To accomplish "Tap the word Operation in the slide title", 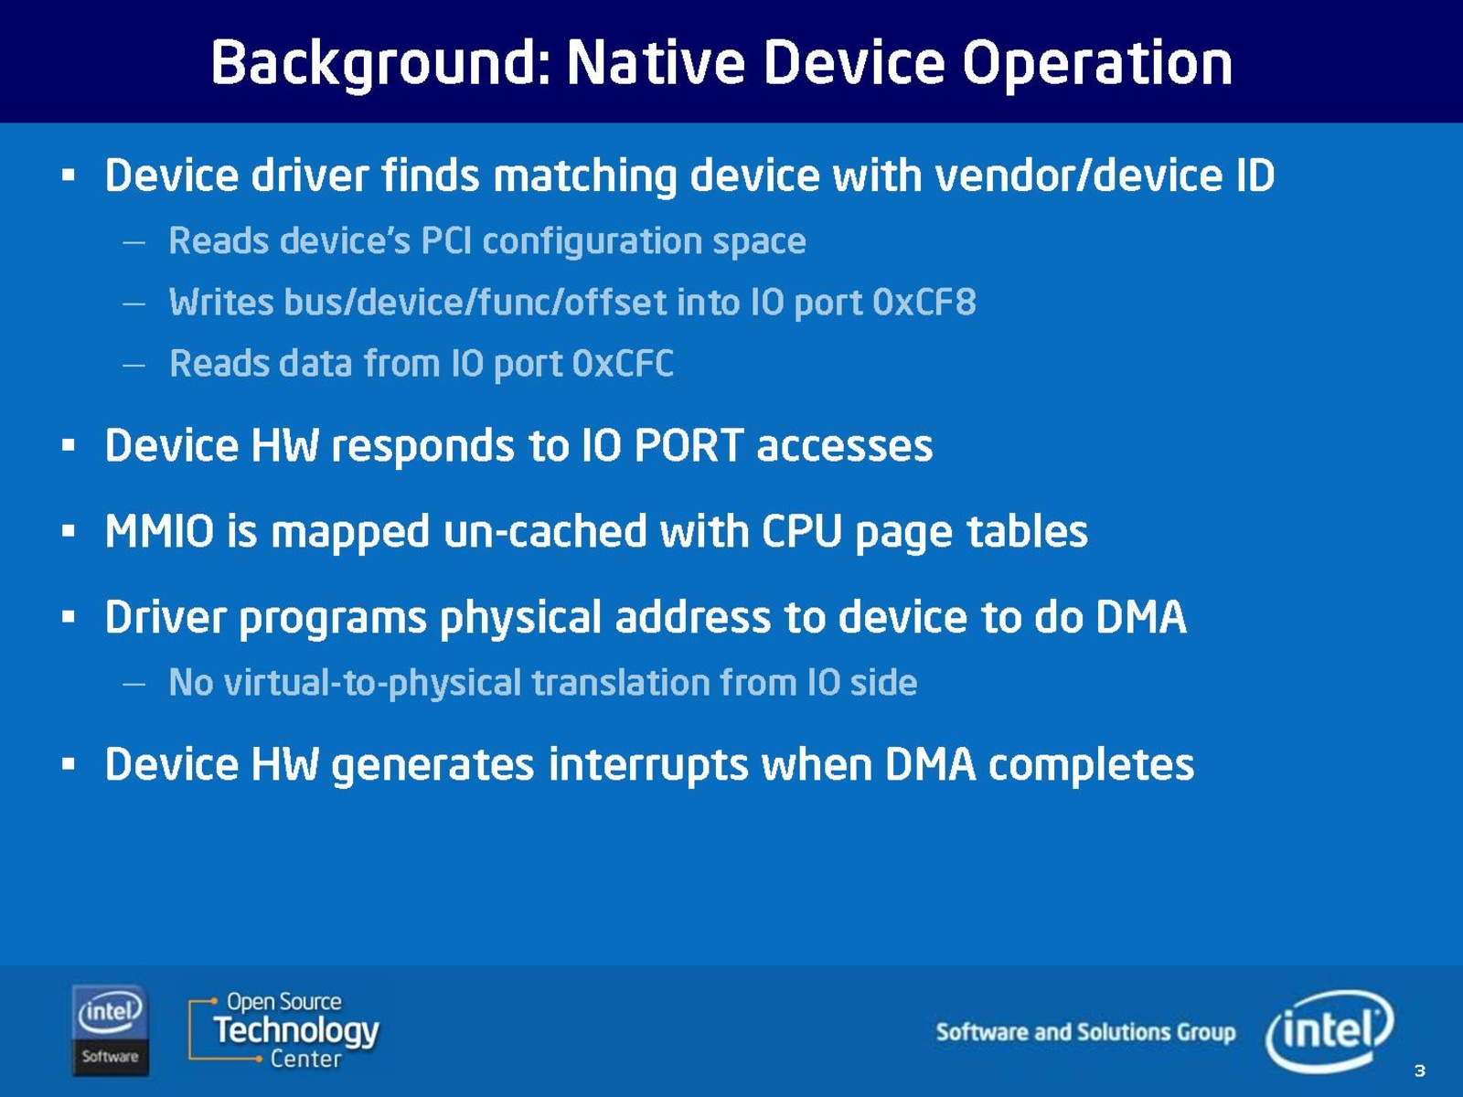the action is pyautogui.click(x=1097, y=64).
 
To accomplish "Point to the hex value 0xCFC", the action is pyautogui.click(x=624, y=364).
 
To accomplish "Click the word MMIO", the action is pyautogui.click(x=160, y=531).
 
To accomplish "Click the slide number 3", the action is pyautogui.click(x=1420, y=1070).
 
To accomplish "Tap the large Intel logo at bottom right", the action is pyautogui.click(x=1330, y=1029).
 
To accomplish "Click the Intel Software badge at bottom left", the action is pyautogui.click(x=110, y=1030).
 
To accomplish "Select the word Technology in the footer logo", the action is pyautogui.click(x=296, y=1030).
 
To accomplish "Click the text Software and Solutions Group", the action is pyautogui.click(x=1085, y=1032).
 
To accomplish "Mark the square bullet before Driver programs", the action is pyautogui.click(x=68, y=617).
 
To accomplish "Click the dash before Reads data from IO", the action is pyautogui.click(x=134, y=365).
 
